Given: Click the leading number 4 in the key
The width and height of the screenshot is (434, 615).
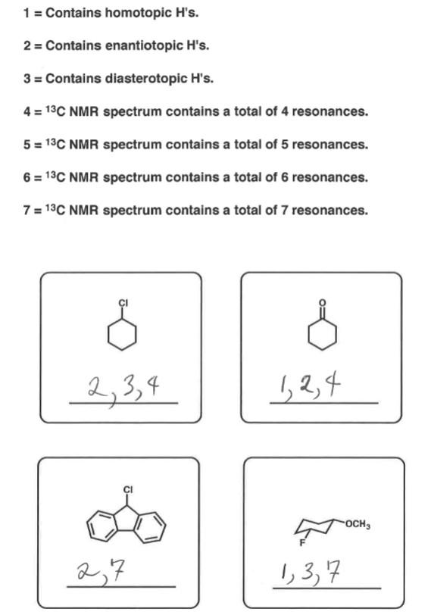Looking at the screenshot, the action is (x=27, y=111).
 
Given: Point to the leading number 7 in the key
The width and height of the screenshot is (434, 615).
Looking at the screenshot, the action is (x=27, y=210).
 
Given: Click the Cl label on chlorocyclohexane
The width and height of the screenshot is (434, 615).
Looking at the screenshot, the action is (x=122, y=303).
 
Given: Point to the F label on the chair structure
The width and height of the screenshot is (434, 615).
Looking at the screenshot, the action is (x=300, y=544).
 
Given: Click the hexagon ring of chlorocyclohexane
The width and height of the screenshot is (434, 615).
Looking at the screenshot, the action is (x=122, y=335).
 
